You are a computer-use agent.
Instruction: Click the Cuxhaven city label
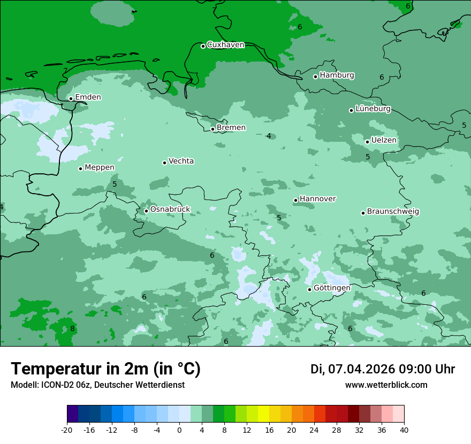(225, 45)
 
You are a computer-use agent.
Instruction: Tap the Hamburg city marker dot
(316, 76)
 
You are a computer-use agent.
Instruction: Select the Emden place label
(88, 97)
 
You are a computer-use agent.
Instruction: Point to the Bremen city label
(231, 128)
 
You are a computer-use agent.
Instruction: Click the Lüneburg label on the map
(373, 109)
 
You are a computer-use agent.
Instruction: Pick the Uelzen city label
(384, 141)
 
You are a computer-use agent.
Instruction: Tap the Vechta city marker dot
(165, 163)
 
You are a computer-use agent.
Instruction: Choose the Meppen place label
(100, 167)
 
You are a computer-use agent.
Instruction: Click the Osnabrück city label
(170, 210)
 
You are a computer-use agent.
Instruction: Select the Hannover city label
(318, 199)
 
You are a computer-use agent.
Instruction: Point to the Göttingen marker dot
(309, 289)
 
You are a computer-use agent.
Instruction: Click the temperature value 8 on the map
(72, 328)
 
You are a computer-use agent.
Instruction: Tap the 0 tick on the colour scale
(179, 430)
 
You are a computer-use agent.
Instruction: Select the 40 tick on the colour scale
(404, 430)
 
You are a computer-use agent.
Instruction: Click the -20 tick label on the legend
(67, 430)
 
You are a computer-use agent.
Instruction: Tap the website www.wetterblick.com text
(386, 385)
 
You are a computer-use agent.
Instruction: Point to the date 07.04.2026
(361, 369)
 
